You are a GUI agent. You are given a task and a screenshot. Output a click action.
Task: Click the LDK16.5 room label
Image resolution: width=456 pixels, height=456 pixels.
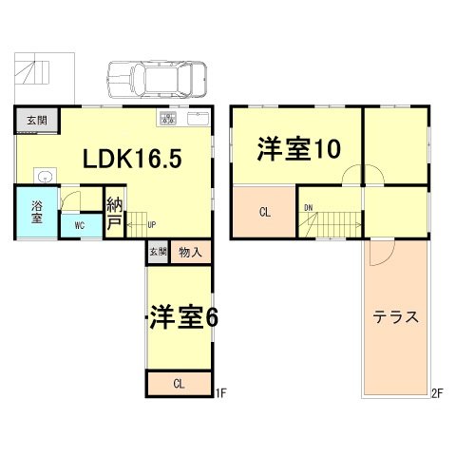pos(132,159)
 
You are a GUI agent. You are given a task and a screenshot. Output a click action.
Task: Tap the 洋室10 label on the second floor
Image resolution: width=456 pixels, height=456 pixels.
pos(299,148)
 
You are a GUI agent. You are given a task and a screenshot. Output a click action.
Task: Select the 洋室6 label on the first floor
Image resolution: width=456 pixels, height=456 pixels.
pos(184,317)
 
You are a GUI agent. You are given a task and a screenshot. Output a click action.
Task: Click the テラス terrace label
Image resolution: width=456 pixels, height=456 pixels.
pos(396,316)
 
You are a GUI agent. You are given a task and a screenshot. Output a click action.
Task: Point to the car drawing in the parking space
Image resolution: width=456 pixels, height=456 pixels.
pos(158,80)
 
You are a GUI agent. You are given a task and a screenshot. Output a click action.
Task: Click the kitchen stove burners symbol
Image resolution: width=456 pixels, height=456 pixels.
pos(168,119)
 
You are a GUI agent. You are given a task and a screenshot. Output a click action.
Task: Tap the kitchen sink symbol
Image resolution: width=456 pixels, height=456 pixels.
pos(198,119)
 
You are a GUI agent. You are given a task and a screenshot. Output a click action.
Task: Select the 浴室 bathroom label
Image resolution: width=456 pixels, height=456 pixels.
pos(37,212)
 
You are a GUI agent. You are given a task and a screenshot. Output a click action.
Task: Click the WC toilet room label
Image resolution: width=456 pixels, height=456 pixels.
pos(80,226)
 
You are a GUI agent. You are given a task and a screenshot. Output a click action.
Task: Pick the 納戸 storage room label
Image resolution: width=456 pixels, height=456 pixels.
pos(114,213)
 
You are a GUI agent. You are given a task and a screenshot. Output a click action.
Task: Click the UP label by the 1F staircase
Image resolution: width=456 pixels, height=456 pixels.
pos(152,225)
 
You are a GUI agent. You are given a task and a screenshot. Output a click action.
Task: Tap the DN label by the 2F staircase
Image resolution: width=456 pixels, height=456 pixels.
pos(308,208)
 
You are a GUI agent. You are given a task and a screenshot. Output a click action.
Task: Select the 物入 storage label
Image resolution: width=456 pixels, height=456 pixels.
pos(190,253)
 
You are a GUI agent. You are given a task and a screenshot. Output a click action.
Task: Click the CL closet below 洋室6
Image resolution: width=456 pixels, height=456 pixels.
pos(179,384)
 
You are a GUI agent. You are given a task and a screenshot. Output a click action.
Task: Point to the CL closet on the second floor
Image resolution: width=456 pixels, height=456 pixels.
pos(265,212)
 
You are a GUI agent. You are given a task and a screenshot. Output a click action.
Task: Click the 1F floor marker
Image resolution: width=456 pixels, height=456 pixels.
pos(220,393)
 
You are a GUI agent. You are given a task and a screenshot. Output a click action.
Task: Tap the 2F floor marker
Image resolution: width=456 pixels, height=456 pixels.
pos(437,393)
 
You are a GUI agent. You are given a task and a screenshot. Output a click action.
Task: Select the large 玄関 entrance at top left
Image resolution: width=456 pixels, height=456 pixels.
pos(37,121)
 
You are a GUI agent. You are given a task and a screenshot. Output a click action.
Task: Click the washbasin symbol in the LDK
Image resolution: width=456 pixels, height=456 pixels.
pos(46,175)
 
